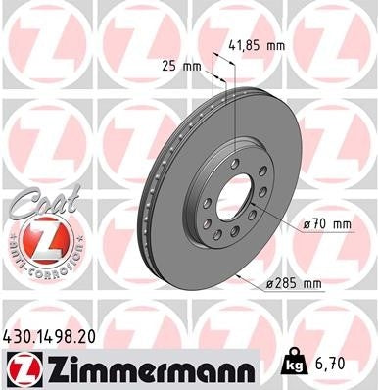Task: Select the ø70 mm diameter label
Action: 326,224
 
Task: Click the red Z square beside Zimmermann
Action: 20,369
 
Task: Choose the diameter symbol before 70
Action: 308,224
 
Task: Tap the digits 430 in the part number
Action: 18,336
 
